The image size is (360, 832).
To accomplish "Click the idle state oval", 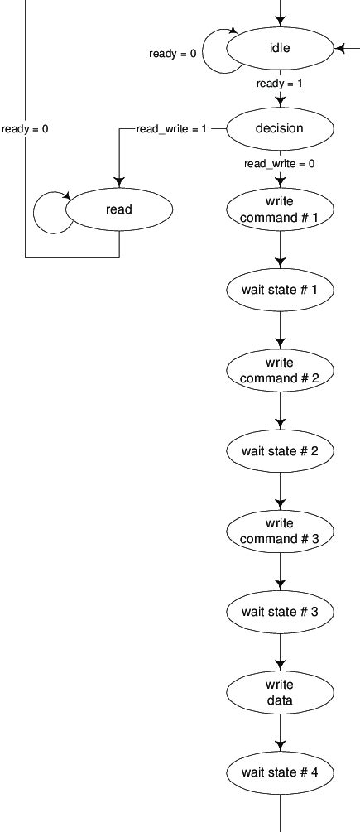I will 280,49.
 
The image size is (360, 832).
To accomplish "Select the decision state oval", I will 280,128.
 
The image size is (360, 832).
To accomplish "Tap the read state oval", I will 119,209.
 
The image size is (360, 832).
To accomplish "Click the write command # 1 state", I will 280,209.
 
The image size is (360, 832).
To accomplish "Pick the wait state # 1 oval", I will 280,291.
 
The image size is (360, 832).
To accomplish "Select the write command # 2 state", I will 280,370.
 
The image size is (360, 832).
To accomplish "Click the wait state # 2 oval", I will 280,451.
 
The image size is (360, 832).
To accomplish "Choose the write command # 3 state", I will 280,531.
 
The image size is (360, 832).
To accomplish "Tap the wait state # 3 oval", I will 280,612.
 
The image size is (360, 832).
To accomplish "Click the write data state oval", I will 280,692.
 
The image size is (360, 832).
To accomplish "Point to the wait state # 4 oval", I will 280,772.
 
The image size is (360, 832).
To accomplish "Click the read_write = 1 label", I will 171,129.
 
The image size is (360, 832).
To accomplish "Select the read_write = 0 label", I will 279,164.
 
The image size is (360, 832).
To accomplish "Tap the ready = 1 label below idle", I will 279,84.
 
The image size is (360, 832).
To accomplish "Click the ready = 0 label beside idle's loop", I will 173,54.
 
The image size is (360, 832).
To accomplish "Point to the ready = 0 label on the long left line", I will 25,129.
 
